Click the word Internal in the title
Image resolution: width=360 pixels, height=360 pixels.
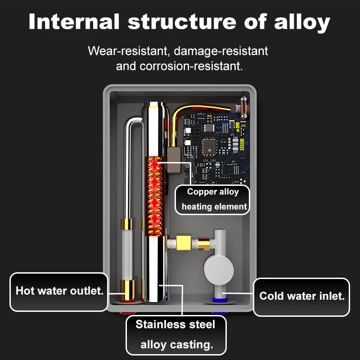74,22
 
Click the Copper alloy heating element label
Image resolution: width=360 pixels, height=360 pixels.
212,199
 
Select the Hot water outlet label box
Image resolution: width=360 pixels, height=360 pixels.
59,291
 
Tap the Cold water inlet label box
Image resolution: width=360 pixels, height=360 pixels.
301,297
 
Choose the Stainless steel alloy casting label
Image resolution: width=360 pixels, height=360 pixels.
175,334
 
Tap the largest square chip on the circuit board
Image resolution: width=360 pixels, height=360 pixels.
210,145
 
